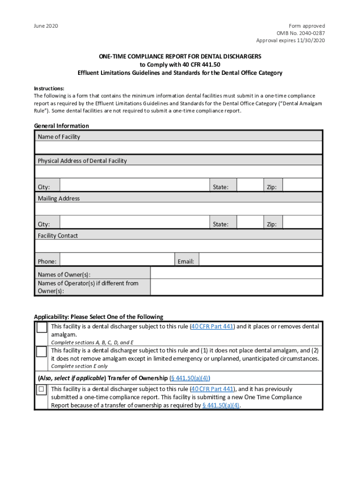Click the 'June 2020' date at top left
(46, 26)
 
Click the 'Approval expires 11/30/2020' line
(290, 40)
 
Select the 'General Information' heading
(61, 126)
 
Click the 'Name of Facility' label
(59, 137)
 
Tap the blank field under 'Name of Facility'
(178, 148)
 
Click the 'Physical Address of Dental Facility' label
(82, 160)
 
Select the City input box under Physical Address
(135, 185)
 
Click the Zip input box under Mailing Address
(302, 222)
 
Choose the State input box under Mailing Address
(250, 222)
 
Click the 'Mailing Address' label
(59, 198)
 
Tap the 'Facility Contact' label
(58, 235)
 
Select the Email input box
(260, 260)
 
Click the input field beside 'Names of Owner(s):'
(236, 273)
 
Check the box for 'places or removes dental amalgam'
(42, 327)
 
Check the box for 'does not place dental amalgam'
(42, 352)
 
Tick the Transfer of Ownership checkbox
(42, 389)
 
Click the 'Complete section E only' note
(79, 366)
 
